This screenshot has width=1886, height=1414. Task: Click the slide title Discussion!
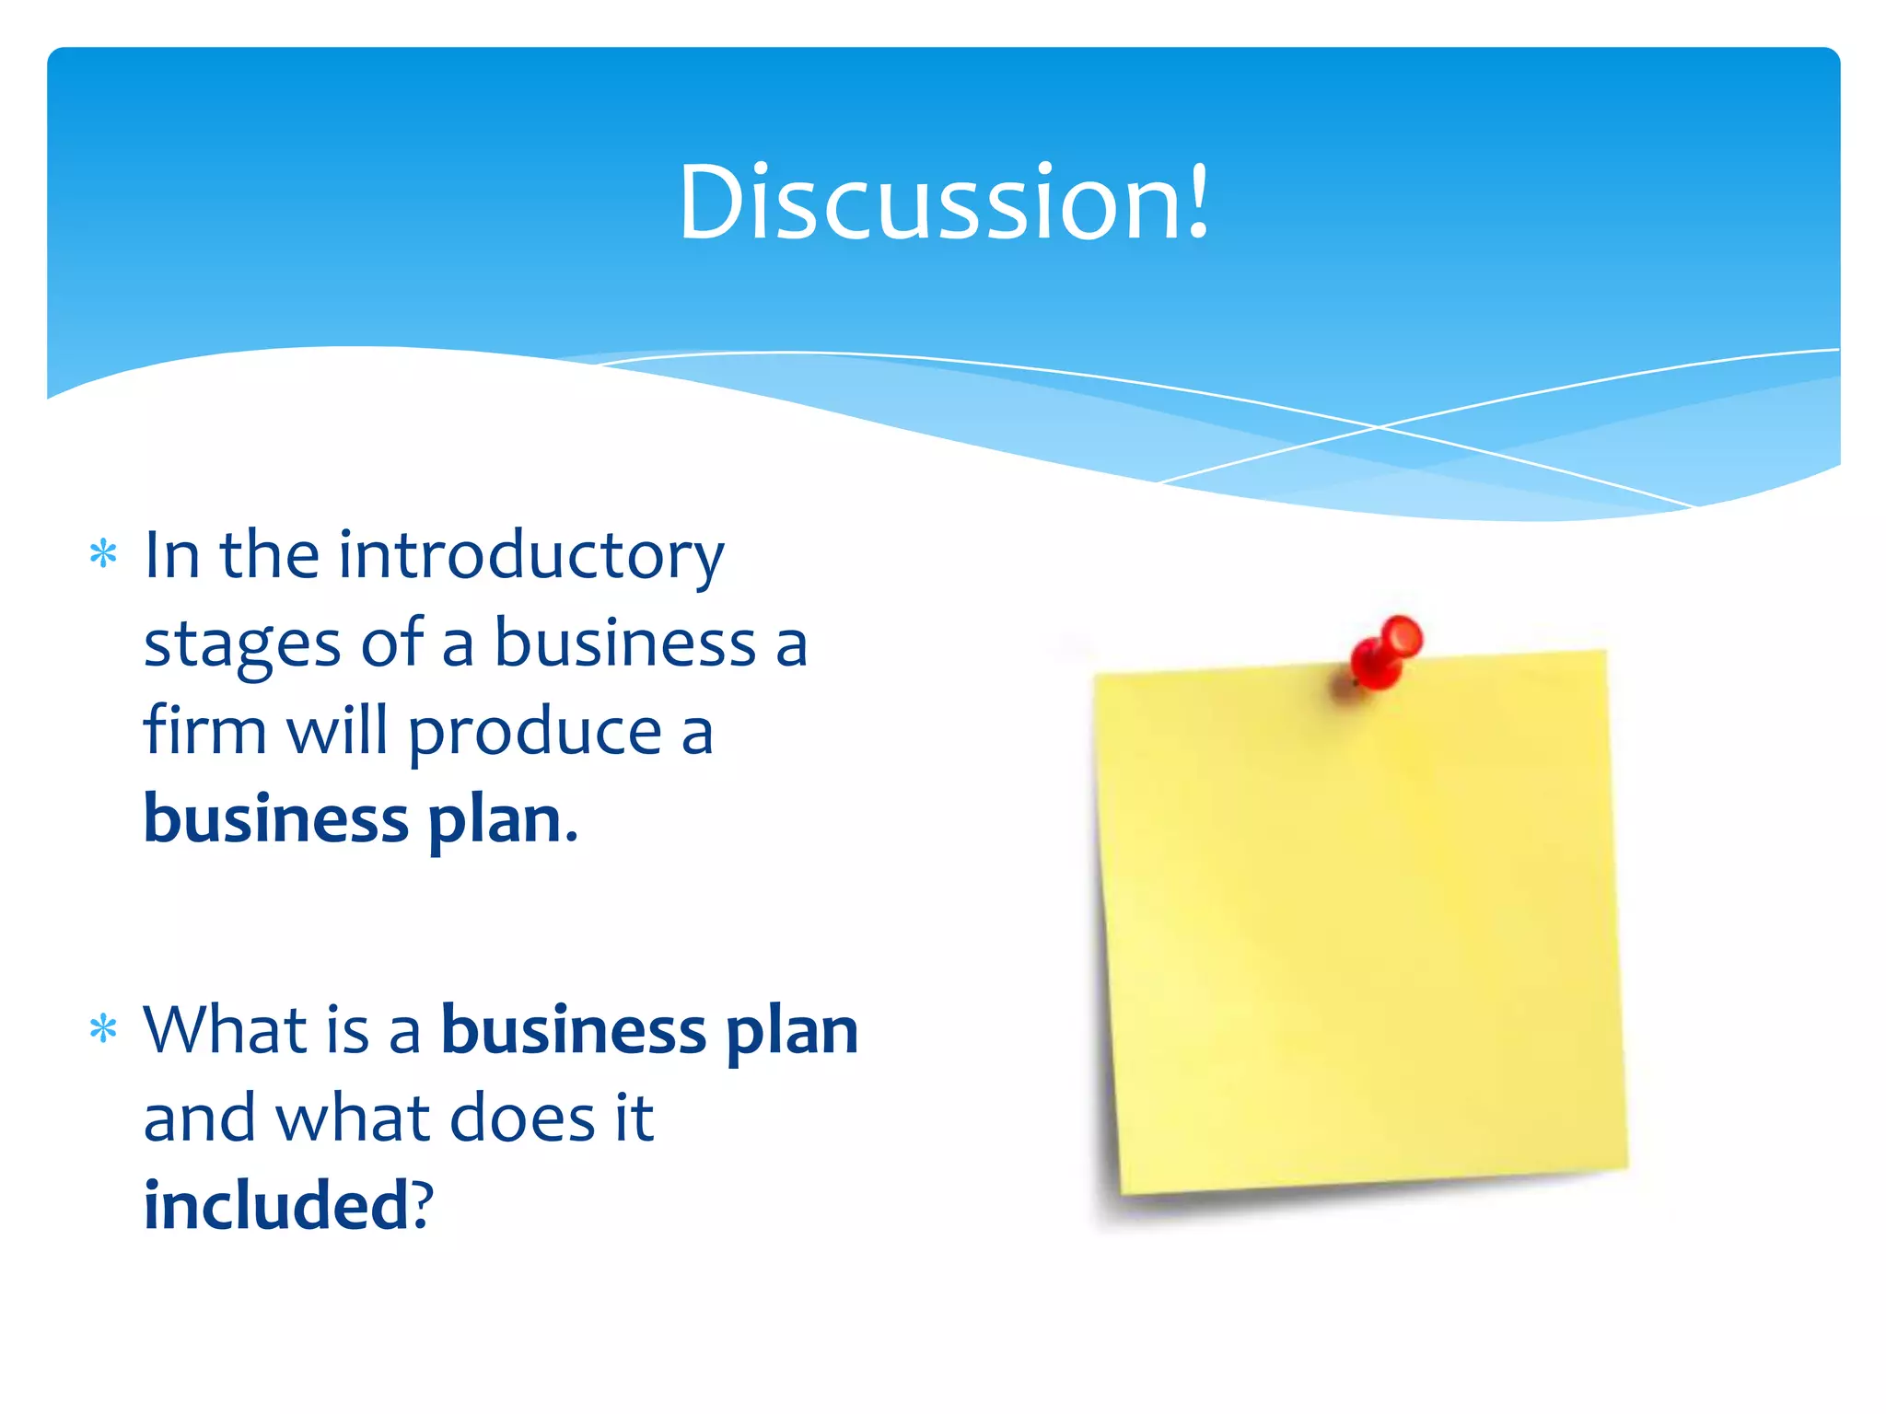click(943, 203)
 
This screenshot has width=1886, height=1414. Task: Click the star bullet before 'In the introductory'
click(103, 554)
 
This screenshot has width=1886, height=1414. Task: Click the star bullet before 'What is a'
click(103, 1028)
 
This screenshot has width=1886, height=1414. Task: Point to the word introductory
click(531, 556)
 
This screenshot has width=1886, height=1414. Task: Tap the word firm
click(204, 730)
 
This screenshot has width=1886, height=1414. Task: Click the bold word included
click(275, 1205)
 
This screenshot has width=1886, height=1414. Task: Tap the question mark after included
click(422, 1205)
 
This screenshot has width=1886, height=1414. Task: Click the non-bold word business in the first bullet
click(625, 642)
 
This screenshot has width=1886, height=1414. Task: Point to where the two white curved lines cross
click(1379, 427)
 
